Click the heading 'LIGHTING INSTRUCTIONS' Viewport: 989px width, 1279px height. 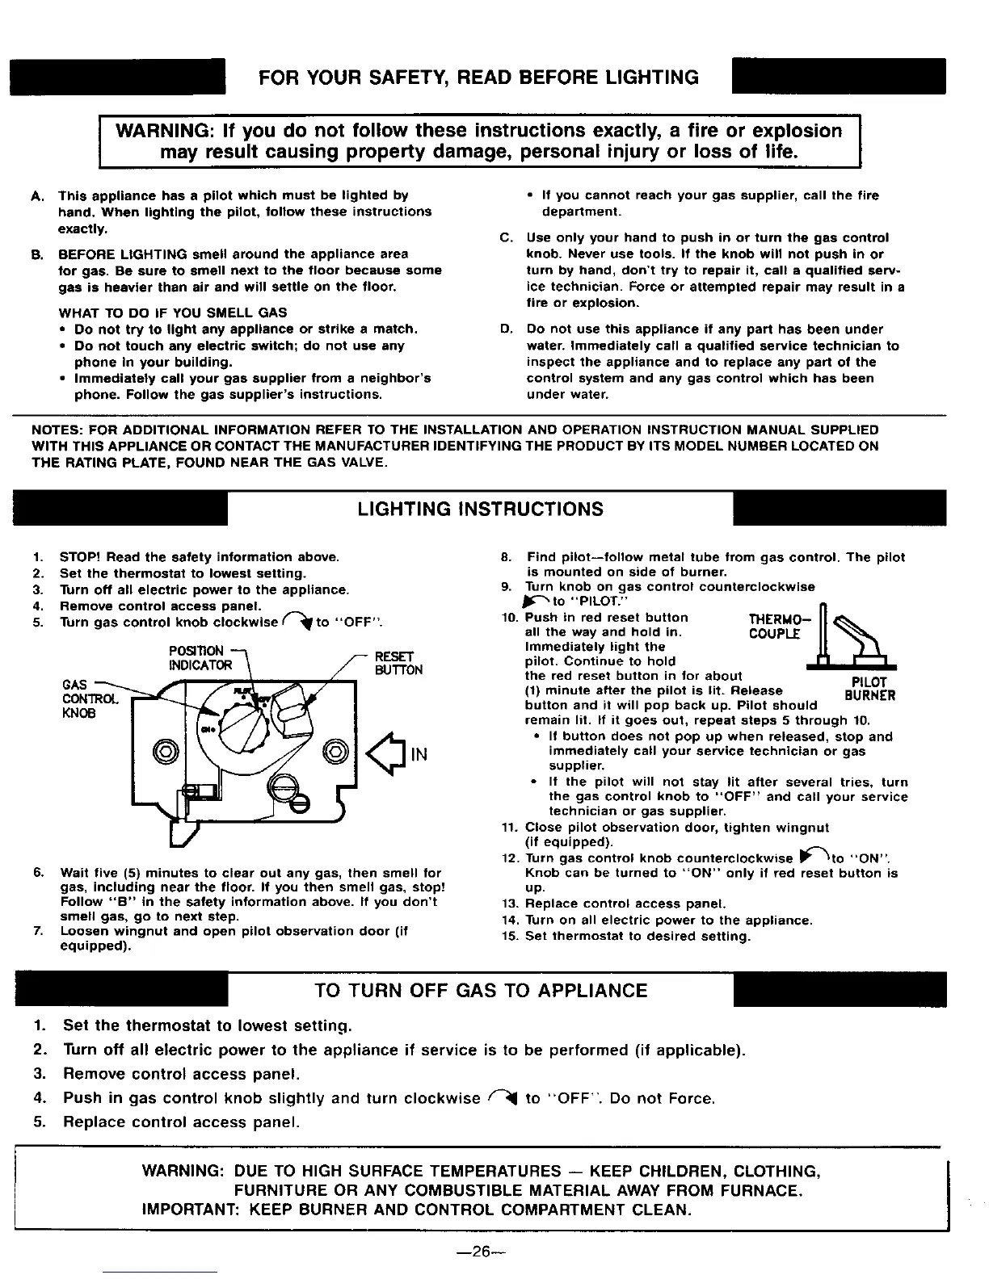480,510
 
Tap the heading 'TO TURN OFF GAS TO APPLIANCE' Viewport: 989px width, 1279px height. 481,991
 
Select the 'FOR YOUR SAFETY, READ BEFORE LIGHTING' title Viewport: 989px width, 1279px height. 478,78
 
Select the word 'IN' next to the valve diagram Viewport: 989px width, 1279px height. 419,755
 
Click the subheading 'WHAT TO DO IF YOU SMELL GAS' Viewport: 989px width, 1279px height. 173,312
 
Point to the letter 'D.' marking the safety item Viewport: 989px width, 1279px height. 507,329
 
